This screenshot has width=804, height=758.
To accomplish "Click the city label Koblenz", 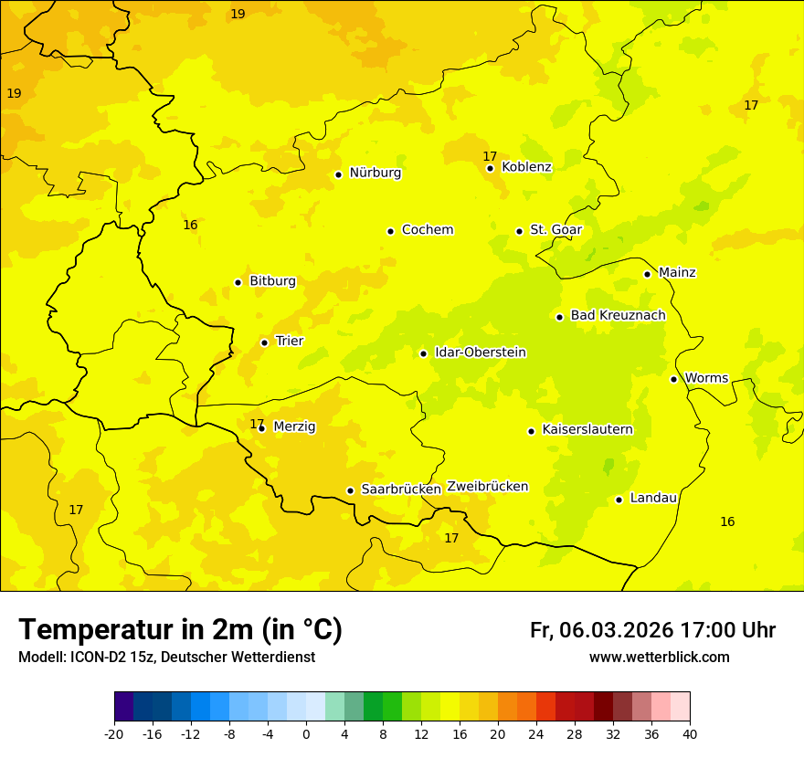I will pyautogui.click(x=526, y=167).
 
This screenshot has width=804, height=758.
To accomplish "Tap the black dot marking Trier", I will pyautogui.click(x=265, y=342).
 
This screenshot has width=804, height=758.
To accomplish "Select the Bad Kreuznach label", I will pyautogui.click(x=618, y=315).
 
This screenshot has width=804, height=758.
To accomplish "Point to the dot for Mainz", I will pyautogui.click(x=647, y=274).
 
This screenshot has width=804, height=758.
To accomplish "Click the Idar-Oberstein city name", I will pyautogui.click(x=480, y=352).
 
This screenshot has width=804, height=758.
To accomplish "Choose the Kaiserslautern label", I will pyautogui.click(x=587, y=429).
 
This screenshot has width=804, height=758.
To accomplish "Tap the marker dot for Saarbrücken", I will pyautogui.click(x=350, y=490).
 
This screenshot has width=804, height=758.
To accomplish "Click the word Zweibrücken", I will pyautogui.click(x=487, y=487).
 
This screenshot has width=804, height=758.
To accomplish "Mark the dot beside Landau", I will pyautogui.click(x=619, y=500).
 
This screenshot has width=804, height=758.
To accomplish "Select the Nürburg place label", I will pyautogui.click(x=375, y=173).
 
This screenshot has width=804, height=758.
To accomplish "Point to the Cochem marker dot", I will pyautogui.click(x=390, y=231).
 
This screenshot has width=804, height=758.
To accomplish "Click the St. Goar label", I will pyautogui.click(x=555, y=229).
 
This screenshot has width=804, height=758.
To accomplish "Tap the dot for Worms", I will pyautogui.click(x=673, y=379).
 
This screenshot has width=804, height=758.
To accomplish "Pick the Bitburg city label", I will pyautogui.click(x=272, y=280).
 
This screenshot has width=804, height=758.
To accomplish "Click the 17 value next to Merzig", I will pyautogui.click(x=257, y=424).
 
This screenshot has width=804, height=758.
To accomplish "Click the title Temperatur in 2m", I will pyautogui.click(x=180, y=629).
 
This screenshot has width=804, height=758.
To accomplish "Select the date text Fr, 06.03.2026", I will pyautogui.click(x=601, y=630).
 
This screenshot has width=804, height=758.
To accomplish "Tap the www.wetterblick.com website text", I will pyautogui.click(x=659, y=657).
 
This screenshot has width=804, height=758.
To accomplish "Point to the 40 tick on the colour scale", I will pyautogui.click(x=690, y=733).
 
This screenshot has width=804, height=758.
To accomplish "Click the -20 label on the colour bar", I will pyautogui.click(x=114, y=733).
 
